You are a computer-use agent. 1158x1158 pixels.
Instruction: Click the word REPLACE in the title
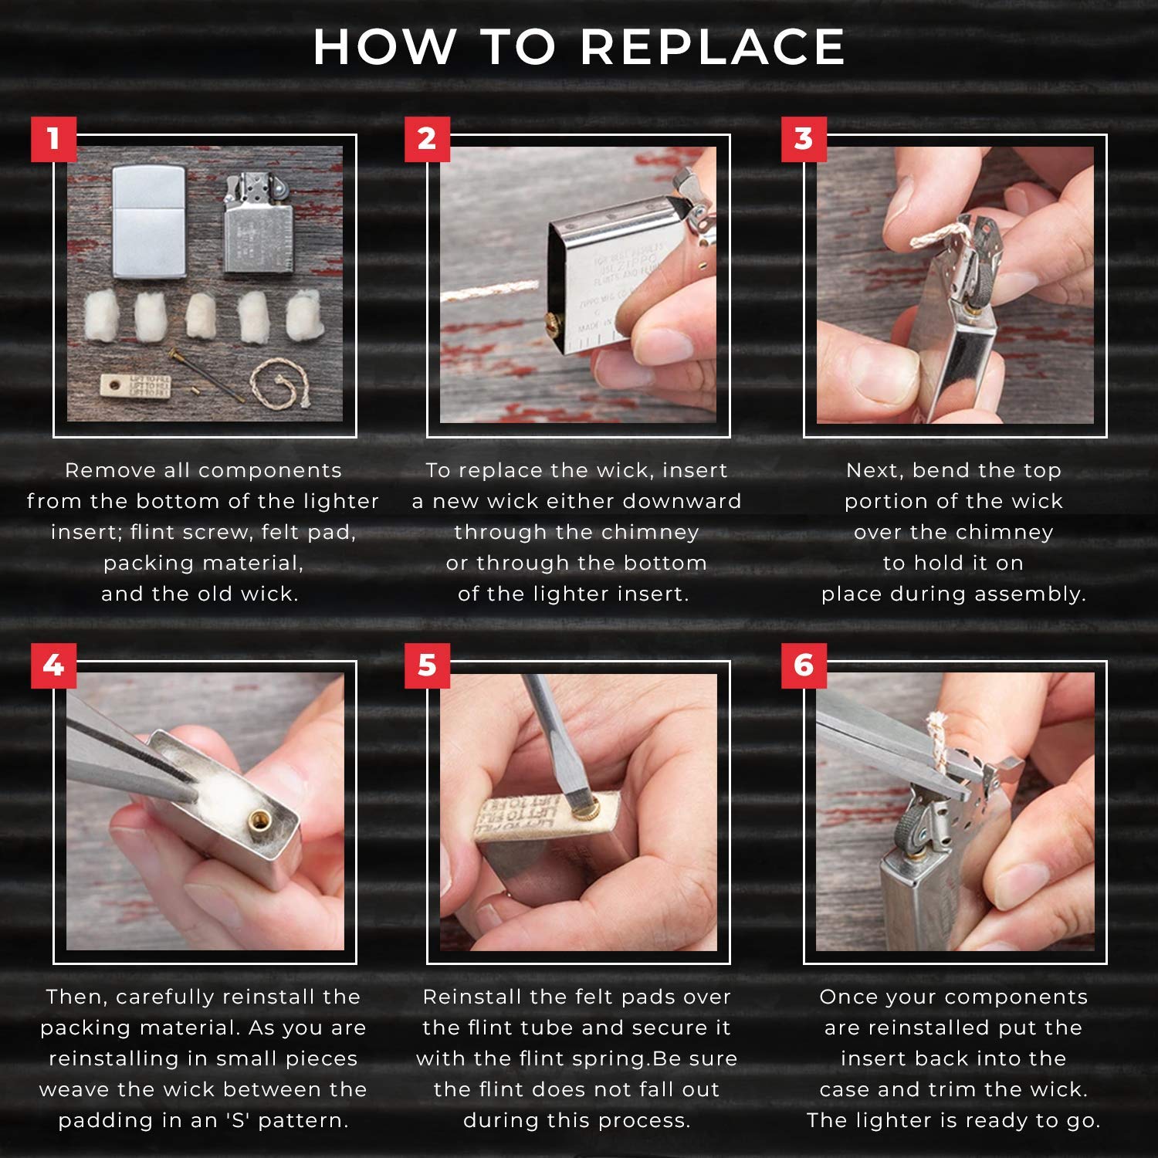point(712,48)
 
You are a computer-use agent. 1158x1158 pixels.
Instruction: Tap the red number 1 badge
point(53,139)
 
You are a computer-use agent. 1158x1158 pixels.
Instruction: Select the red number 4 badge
point(53,665)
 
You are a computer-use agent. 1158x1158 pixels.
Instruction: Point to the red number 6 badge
point(804,665)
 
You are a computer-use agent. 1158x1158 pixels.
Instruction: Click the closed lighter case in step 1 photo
point(149,221)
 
